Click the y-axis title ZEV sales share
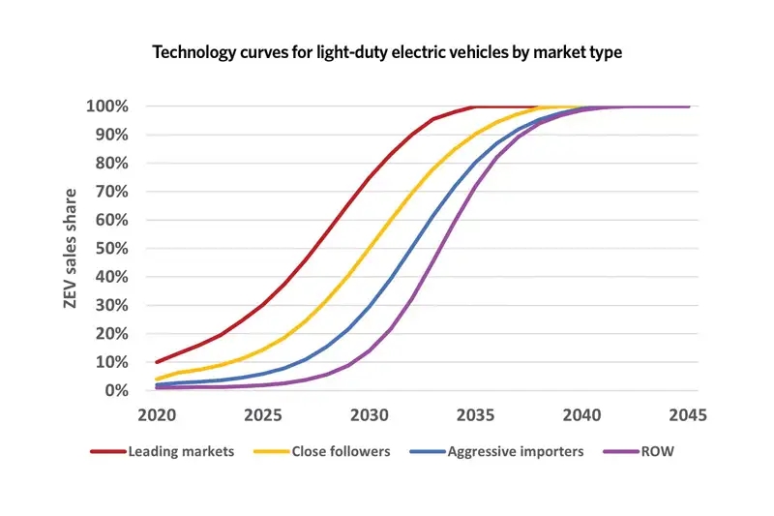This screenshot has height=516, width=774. coord(70,248)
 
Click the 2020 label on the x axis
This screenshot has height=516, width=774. coord(156,414)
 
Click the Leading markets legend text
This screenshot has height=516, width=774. coord(181,452)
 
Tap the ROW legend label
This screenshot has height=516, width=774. coord(660,452)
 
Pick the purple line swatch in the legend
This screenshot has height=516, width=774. coord(620,452)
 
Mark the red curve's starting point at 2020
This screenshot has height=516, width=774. coord(156,362)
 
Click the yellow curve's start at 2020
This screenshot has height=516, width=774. coord(156,379)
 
